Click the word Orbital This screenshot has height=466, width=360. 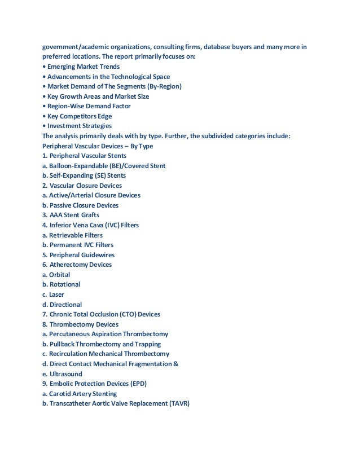(59, 275)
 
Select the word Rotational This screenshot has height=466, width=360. (65, 284)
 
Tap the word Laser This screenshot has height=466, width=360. (56, 294)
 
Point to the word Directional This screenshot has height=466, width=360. (66, 305)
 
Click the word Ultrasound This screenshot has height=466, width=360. (66, 374)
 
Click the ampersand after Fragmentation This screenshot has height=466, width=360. (176, 364)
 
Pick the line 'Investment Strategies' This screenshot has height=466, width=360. (79, 126)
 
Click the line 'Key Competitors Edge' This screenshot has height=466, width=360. (80, 116)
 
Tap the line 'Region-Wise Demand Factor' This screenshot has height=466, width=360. (89, 106)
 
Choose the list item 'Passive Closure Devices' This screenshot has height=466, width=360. (84, 205)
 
